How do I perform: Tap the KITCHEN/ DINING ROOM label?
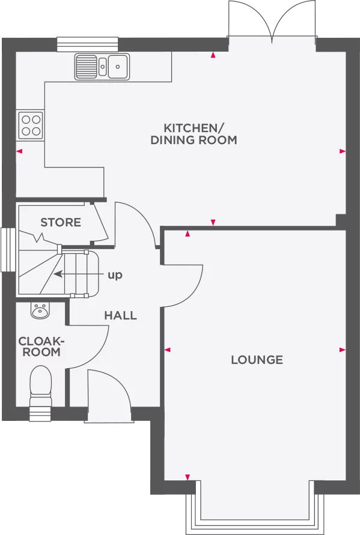pos(194,134)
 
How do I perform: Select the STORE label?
pos(61,223)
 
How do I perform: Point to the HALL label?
pos(120,315)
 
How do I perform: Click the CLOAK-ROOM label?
pos(42,346)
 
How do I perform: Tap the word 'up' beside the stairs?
pos(114,275)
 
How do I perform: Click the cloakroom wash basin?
pos(41,310)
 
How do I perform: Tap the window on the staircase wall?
pos(7,249)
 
